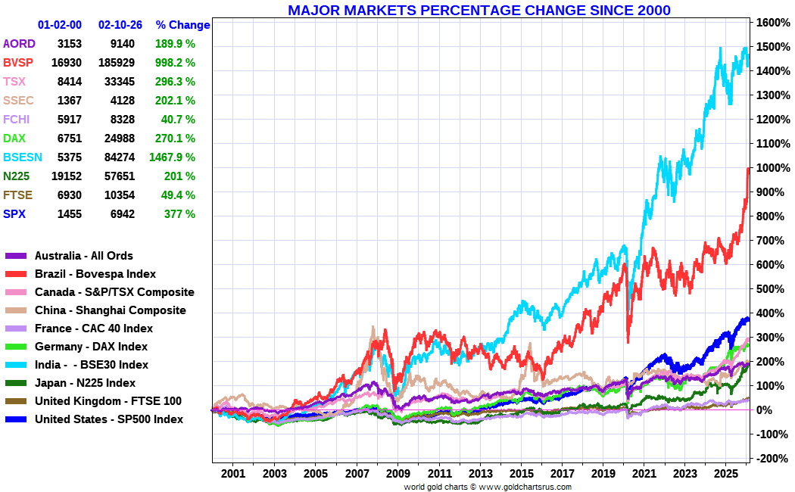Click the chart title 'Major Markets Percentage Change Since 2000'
click(x=479, y=10)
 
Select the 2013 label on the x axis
click(x=480, y=474)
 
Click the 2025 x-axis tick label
click(x=725, y=474)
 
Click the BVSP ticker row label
click(x=18, y=63)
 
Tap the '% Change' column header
click(x=182, y=25)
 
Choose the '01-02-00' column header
click(x=60, y=25)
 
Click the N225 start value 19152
click(x=67, y=176)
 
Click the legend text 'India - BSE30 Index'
click(x=92, y=365)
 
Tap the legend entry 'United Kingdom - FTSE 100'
click(x=108, y=401)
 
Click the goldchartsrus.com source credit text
click(x=488, y=487)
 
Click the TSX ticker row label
click(x=14, y=82)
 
